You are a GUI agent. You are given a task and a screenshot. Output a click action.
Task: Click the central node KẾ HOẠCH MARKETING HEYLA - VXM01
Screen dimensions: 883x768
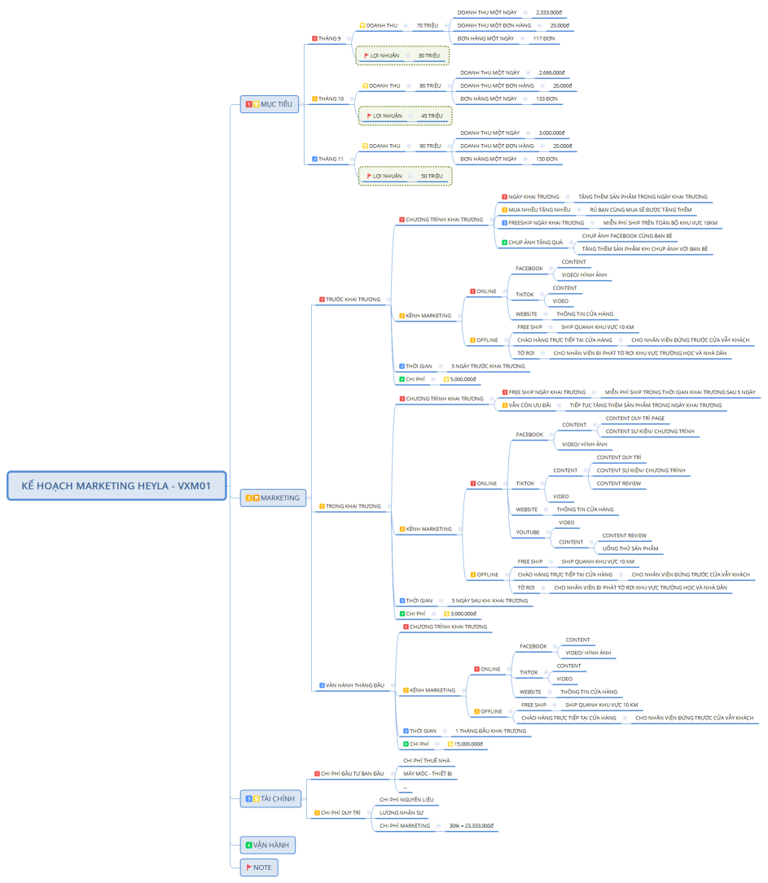[116, 486]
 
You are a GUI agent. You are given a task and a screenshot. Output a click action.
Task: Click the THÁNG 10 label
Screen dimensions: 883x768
[331, 98]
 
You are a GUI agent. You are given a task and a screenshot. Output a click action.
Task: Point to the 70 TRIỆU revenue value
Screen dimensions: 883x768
[427, 25]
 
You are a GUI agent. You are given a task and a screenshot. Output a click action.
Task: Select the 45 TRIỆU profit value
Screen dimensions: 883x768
[432, 116]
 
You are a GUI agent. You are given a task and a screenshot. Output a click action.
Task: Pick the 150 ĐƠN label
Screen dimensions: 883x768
[546, 159]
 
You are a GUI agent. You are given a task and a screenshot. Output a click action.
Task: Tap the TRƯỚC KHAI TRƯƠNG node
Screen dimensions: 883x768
[352, 299]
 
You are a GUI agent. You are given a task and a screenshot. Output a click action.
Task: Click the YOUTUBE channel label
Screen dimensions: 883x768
[528, 532]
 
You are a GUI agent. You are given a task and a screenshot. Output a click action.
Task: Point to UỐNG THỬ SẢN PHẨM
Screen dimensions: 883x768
[630, 549]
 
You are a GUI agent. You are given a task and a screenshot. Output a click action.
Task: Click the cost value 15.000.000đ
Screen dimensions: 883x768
[468, 744]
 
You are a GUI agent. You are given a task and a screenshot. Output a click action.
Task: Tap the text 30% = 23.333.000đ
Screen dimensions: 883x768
[471, 825]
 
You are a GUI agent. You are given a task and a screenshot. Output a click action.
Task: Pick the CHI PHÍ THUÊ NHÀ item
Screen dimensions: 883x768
[427, 760]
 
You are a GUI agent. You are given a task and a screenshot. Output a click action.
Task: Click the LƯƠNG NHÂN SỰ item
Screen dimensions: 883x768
[402, 812]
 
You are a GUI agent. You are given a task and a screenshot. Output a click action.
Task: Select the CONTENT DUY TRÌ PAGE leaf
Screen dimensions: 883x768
[634, 418]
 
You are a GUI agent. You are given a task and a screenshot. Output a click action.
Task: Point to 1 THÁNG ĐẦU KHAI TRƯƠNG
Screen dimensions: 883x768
[490, 731]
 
